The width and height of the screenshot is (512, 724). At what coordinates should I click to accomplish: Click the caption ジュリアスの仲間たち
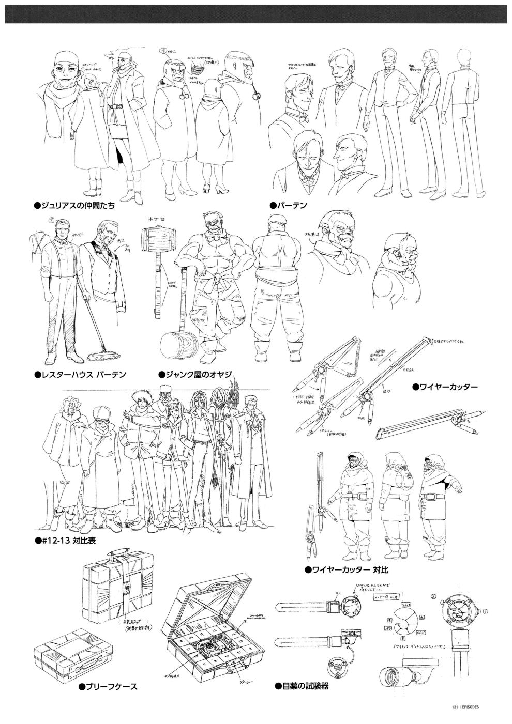tap(74, 206)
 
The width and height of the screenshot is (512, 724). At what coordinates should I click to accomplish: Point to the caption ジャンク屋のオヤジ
tap(194, 374)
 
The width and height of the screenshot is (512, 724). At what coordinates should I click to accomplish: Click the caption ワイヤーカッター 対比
tap(347, 571)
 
